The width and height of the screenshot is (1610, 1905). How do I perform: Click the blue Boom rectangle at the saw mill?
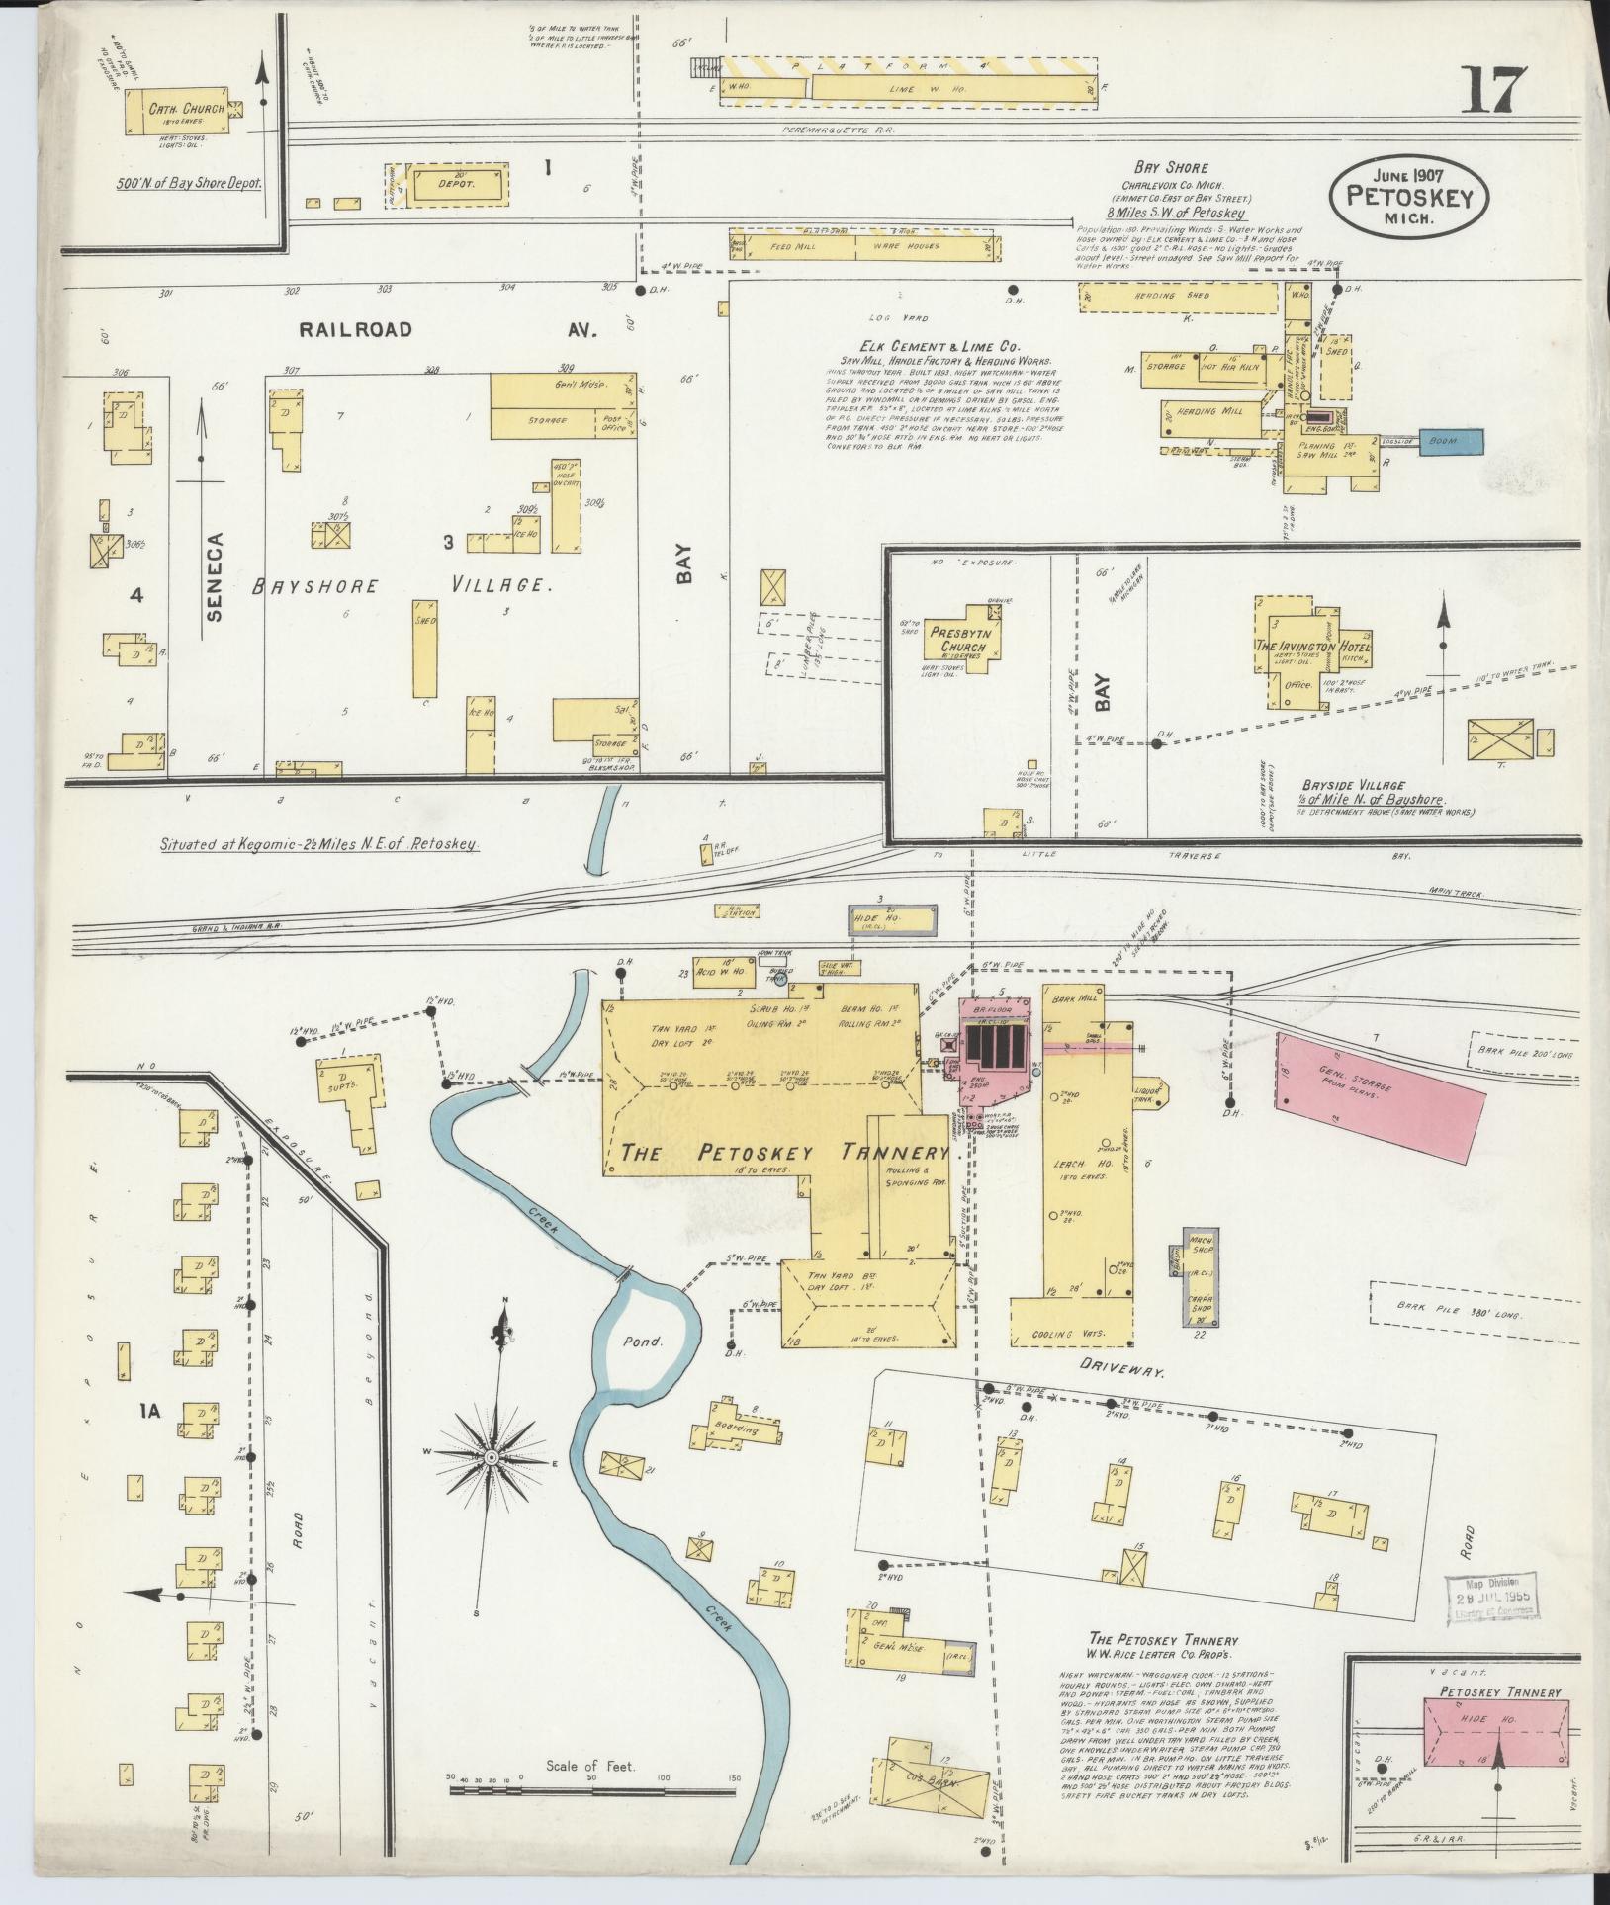pos(1451,441)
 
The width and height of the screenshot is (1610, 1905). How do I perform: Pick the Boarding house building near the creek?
pos(735,1429)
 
